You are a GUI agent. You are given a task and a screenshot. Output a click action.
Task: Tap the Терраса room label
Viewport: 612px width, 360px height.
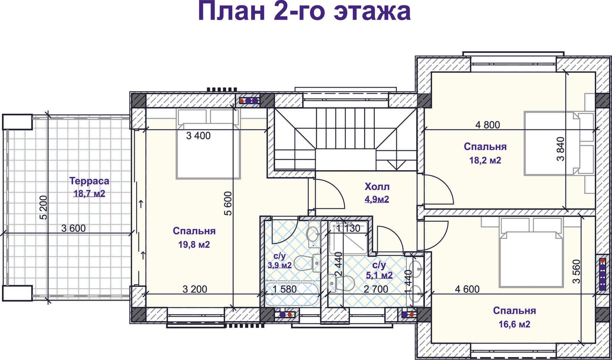[89, 181]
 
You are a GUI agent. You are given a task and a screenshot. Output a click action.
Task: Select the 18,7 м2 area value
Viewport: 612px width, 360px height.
[89, 194]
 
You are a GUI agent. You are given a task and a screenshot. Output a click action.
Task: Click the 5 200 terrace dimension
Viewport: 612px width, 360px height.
[44, 207]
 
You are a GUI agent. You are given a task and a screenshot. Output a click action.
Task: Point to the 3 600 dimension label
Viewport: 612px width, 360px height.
[73, 229]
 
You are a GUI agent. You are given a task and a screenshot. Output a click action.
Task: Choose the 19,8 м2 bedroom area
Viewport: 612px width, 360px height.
[194, 244]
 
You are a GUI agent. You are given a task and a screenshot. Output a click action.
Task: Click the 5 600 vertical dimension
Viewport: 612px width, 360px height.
[228, 204]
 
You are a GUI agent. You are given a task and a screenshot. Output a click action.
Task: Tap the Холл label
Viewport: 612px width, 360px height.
[377, 187]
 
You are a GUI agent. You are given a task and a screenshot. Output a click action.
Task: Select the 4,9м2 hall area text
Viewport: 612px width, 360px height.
[377, 199]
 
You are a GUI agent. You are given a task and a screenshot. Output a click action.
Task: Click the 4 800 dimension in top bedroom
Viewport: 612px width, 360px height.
[488, 125]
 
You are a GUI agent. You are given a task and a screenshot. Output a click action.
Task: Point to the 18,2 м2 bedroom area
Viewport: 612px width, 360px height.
[485, 160]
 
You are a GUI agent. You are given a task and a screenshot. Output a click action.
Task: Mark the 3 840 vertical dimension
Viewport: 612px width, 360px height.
[560, 149]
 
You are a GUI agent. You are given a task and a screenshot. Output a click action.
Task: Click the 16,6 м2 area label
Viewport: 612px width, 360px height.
[514, 324]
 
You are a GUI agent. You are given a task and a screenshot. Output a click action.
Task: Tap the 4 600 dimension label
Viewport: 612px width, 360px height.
[467, 289]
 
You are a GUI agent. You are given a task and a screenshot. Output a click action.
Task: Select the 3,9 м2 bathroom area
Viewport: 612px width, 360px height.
[280, 265]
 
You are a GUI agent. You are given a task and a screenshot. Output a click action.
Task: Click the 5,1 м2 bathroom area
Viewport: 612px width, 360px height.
[379, 275]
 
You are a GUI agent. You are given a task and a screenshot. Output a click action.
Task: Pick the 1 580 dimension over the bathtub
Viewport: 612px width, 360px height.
[284, 289]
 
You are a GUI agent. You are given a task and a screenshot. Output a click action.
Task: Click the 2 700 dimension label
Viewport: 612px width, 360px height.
[376, 289]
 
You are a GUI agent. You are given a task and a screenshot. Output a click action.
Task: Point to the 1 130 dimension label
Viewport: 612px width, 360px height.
[349, 229]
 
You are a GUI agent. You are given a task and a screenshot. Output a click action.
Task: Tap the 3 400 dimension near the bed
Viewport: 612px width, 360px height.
[198, 136]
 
